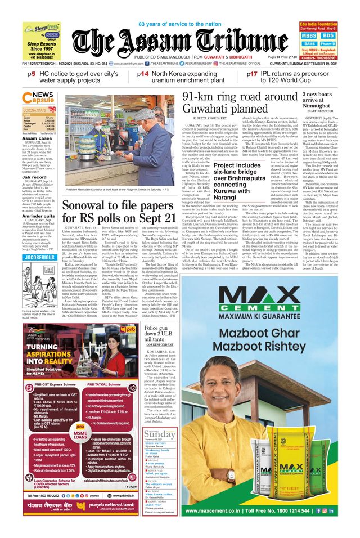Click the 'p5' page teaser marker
[33, 74]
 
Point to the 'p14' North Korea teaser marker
[143, 74]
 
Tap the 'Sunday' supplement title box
[159, 435]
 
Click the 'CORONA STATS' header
[37, 110]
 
